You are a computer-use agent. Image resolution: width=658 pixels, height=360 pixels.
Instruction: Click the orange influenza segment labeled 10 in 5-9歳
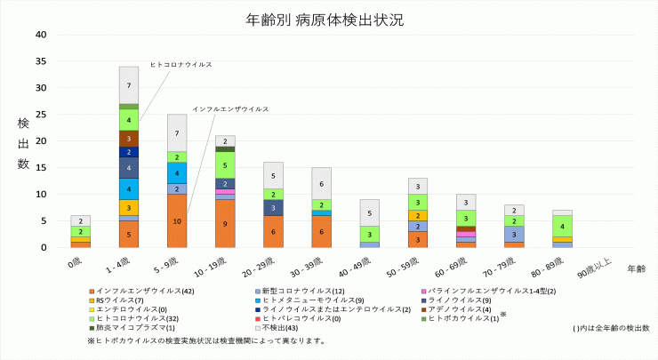tap(177, 220)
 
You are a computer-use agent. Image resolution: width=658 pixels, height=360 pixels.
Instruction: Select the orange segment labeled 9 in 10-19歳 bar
tap(225, 223)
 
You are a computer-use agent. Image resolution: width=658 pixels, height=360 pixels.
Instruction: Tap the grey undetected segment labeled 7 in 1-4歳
tap(129, 85)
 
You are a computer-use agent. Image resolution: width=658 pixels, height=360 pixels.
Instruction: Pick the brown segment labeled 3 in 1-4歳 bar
tap(129, 139)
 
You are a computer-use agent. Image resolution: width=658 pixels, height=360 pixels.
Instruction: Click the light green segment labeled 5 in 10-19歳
tap(225, 164)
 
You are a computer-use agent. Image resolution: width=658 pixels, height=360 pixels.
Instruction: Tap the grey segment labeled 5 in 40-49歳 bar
tap(369, 212)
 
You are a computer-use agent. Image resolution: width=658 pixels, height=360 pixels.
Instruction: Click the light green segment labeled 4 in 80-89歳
tap(561, 226)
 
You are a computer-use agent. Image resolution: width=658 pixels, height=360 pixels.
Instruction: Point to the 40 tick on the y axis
tap(40, 35)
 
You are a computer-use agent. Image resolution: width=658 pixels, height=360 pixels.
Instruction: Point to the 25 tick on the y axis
tap(40, 115)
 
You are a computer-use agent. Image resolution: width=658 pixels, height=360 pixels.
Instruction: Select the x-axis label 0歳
tap(76, 264)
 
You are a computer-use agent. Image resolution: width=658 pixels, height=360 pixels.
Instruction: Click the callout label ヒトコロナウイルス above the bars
tap(181, 65)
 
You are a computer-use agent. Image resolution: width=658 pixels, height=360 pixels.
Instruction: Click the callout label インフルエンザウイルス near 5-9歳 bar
tap(230, 108)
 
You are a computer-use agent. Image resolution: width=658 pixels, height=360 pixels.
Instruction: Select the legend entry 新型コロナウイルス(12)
tap(301, 291)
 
